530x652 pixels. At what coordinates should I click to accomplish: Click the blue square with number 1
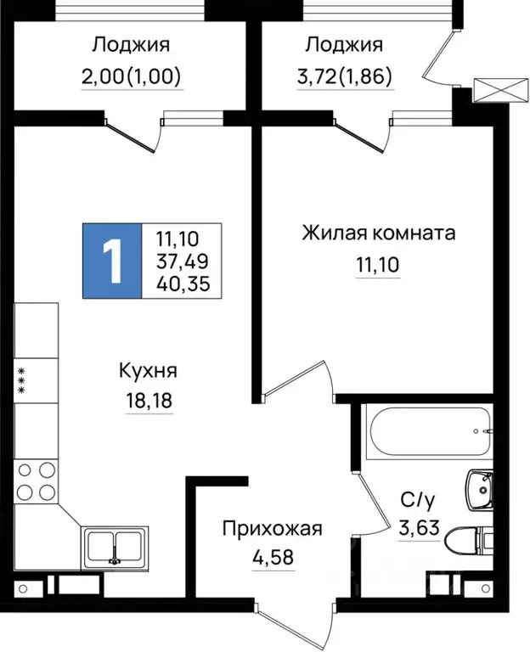pos(112,261)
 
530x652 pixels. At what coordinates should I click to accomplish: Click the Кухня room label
pos(149,370)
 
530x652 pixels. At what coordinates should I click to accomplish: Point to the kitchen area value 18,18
pos(149,400)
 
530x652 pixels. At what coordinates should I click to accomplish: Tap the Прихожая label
pos(272,529)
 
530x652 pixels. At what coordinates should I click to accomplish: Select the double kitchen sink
pos(115,544)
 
